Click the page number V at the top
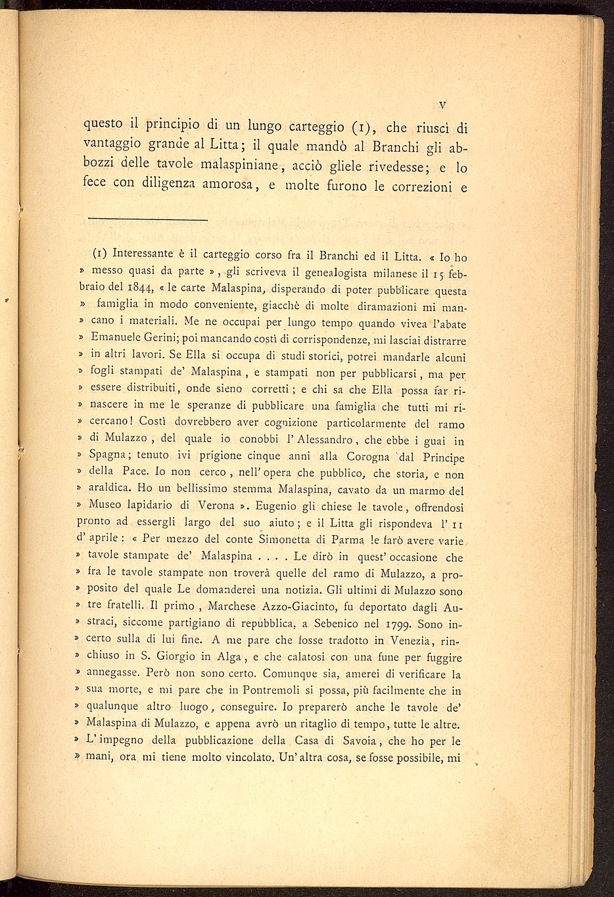pos(443,104)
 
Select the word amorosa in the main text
pos(225,186)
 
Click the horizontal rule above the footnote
pos(147,219)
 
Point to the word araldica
pos(108,490)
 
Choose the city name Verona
pos(212,507)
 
